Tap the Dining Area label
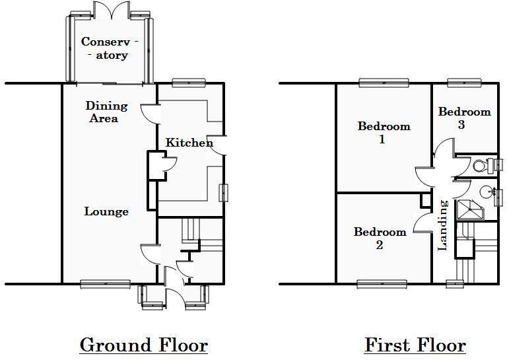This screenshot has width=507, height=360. coord(106,112)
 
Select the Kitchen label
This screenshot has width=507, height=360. coord(189,143)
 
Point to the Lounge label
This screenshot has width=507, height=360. coord(106,211)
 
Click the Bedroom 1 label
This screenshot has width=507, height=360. coord(383,132)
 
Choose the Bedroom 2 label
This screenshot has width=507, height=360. coord(380,238)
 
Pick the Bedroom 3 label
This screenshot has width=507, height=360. coord(464,118)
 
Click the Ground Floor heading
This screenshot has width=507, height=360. coord(143,345)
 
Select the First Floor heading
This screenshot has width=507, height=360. coord(415,345)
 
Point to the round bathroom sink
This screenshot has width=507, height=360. coord(487,192)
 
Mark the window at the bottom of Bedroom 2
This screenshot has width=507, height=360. coord(381,284)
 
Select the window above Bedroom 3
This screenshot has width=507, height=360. coord(464,83)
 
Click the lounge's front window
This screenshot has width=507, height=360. coord(106,284)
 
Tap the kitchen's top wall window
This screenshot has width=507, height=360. coord(187,83)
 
